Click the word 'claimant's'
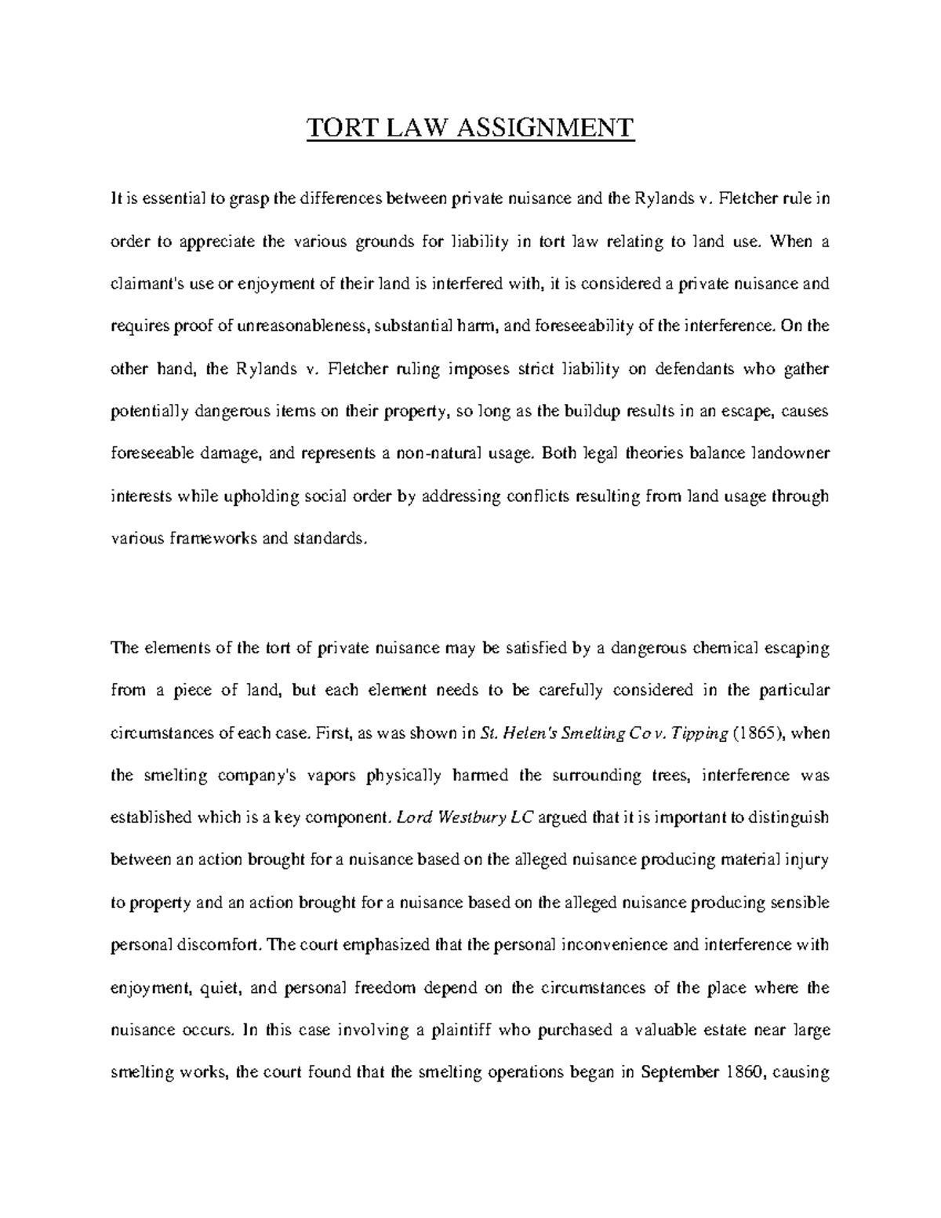click(x=144, y=284)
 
